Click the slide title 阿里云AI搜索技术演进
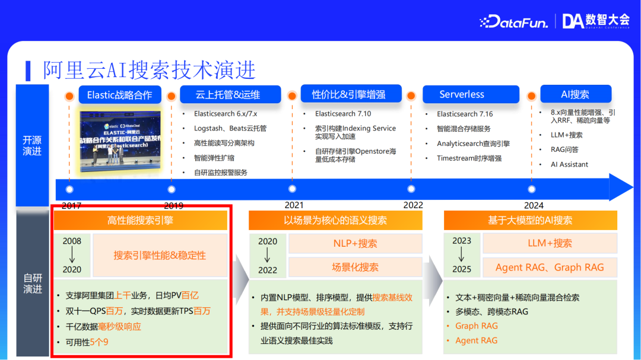pyautogui.click(x=149, y=70)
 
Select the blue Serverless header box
pyautogui.click(x=461, y=94)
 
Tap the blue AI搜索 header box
pyautogui.click(x=575, y=94)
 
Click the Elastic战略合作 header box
pyautogui.click(x=119, y=95)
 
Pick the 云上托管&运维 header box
pyautogui.click(x=228, y=94)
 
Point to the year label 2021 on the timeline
pyautogui.click(x=294, y=205)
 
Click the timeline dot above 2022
pyautogui.click(x=411, y=189)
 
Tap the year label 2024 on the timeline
pyautogui.click(x=534, y=205)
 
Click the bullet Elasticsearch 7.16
pyautogui.click(x=465, y=114)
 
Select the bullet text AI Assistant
pyautogui.click(x=569, y=164)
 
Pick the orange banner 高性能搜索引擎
pyautogui.click(x=140, y=221)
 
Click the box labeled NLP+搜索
pyautogui.click(x=355, y=243)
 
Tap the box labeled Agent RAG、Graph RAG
pyautogui.click(x=549, y=267)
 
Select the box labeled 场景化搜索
pyautogui.click(x=355, y=267)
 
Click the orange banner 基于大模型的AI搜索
pyautogui.click(x=530, y=221)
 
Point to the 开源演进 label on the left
pyautogui.click(x=32, y=145)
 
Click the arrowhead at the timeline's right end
pyautogui.click(x=621, y=187)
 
